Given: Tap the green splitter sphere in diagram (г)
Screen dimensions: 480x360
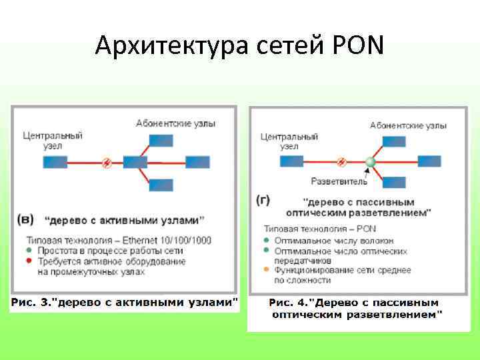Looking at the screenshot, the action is point(371,161).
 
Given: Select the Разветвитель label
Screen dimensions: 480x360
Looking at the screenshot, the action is point(339,181).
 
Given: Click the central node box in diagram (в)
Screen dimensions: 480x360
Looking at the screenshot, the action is point(55,162).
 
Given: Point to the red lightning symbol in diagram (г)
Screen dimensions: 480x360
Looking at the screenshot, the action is point(341,162).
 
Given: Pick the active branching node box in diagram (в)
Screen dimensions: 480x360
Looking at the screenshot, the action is point(135,162).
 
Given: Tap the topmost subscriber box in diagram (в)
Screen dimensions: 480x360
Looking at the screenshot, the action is point(161,141).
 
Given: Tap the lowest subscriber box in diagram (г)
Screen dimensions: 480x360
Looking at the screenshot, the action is point(394,182).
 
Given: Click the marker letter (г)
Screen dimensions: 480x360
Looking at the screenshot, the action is point(263,201).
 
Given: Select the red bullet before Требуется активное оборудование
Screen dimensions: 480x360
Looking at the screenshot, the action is point(30,262).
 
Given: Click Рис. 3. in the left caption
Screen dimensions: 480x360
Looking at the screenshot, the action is point(31,303).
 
